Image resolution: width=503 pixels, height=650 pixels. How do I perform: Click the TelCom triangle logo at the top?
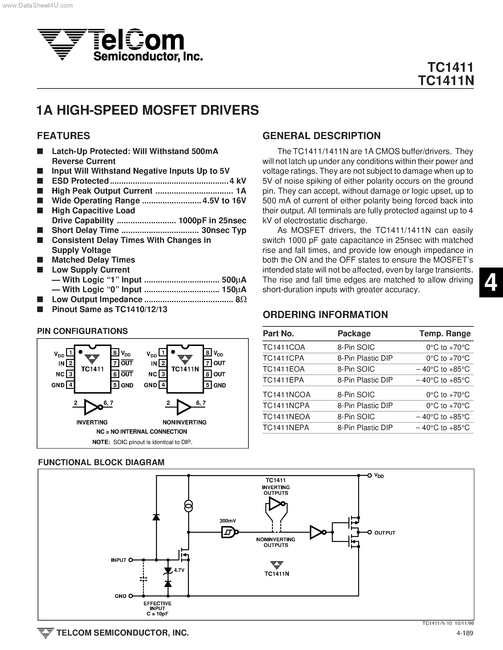[62, 44]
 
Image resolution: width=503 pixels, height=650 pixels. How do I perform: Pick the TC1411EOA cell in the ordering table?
[284, 369]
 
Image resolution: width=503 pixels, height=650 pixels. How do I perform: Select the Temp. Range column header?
[445, 333]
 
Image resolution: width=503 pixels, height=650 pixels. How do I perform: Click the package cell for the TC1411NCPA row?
[365, 405]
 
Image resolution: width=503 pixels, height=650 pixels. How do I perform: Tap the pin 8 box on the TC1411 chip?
[115, 353]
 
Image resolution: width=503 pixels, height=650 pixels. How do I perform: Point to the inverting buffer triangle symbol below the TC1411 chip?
[92, 407]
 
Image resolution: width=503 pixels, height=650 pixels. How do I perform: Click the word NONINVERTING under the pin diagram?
[184, 422]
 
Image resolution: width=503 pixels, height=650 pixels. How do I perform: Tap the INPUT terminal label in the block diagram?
[119, 560]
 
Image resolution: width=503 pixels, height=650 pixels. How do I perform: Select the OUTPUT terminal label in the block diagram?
[384, 533]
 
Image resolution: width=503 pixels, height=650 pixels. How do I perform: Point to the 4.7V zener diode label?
[179, 570]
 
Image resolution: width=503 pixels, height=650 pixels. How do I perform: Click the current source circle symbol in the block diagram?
[188, 506]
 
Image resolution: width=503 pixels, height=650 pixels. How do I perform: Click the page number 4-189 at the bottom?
[465, 641]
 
